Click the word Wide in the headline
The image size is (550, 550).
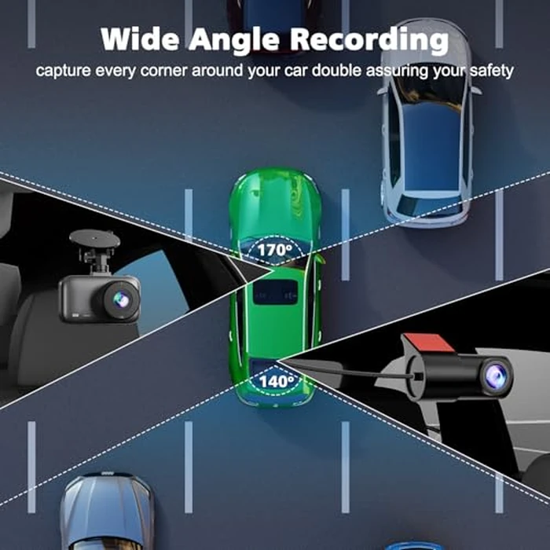tap(140, 38)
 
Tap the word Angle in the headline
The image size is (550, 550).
tap(235, 40)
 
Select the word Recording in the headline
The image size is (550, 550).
tap(369, 40)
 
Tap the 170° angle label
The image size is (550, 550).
tap(275, 250)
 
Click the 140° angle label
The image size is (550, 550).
tap(277, 381)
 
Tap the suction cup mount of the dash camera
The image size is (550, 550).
tap(95, 239)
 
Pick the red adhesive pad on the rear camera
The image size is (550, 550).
tap(428, 343)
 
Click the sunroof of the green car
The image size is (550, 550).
tap(276, 291)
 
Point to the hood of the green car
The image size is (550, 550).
tap(275, 203)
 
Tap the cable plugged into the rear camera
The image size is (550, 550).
tap(350, 371)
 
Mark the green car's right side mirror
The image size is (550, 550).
tap(319, 258)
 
